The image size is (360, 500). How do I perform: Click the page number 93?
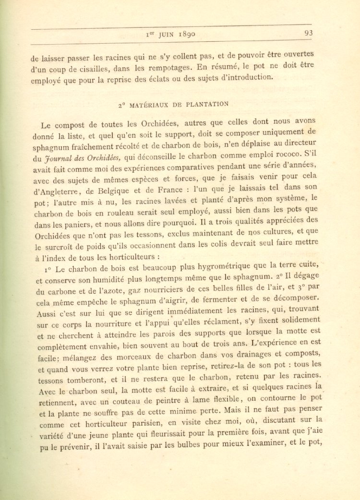click(308, 33)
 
